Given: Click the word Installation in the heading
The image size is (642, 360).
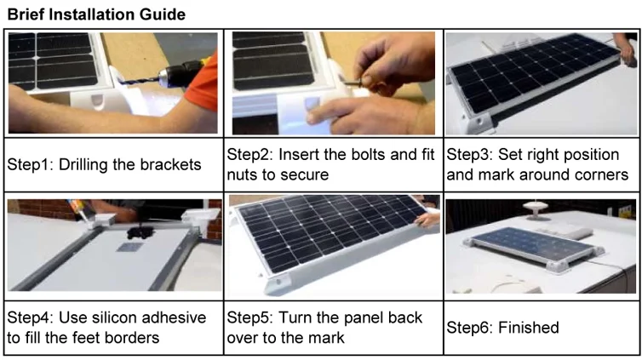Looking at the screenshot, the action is pyautogui.click(x=92, y=14).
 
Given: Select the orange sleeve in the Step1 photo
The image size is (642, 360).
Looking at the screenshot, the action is pyautogui.click(x=203, y=82).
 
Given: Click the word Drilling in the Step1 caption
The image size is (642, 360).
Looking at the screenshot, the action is pyautogui.click(x=83, y=165).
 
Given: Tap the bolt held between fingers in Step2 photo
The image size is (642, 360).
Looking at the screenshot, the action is pyautogui.click(x=353, y=83).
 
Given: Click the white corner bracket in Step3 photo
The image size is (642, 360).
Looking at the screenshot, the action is pyautogui.click(x=476, y=122).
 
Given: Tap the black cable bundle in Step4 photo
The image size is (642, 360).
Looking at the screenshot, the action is pyautogui.click(x=140, y=232).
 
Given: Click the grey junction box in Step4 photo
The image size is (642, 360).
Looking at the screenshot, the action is pyautogui.click(x=129, y=247).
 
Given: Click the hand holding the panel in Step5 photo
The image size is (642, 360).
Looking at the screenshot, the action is pyautogui.click(x=427, y=220).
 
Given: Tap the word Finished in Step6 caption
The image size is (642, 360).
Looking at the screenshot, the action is pyautogui.click(x=529, y=328).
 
